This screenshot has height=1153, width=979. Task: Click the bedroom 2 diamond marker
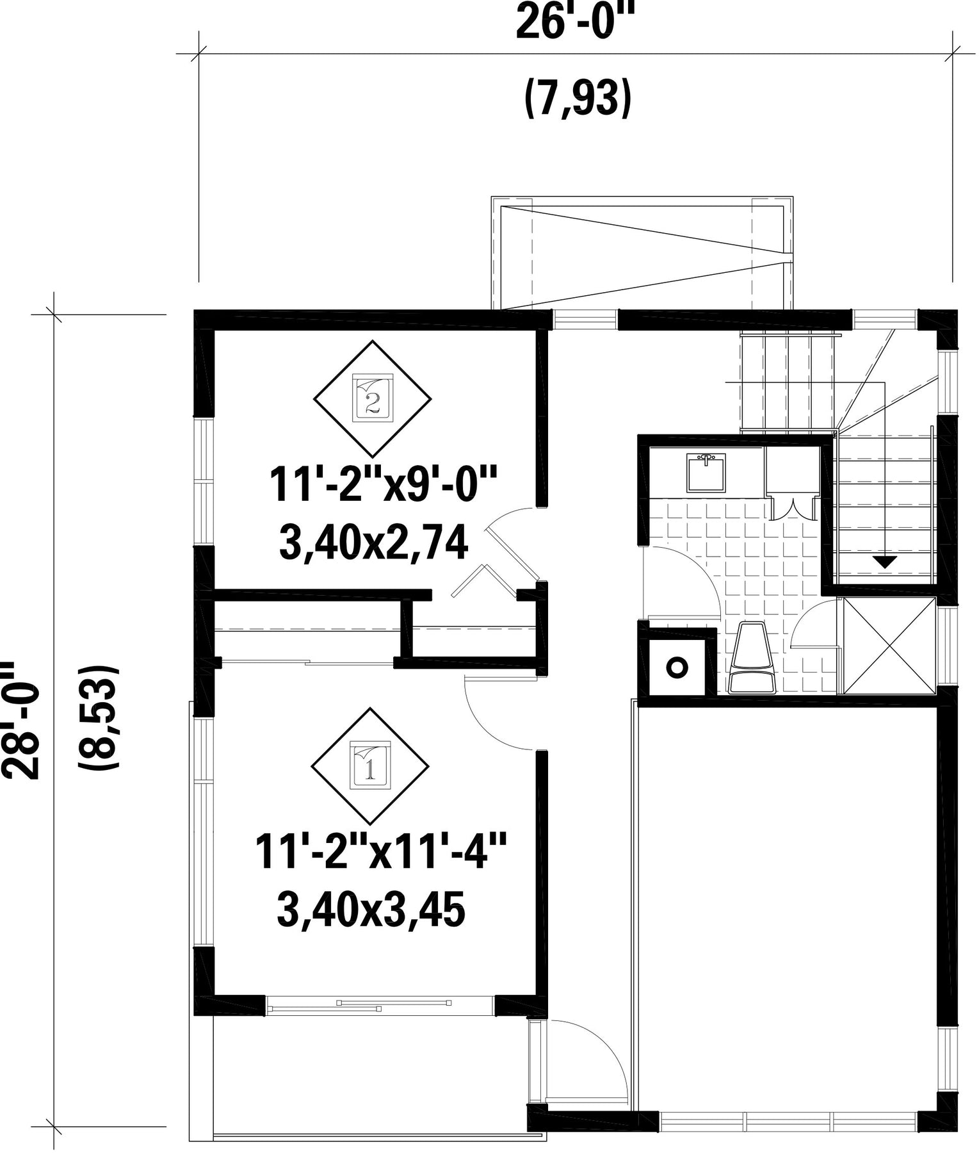point(372,398)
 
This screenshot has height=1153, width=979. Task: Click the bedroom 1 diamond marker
point(370,766)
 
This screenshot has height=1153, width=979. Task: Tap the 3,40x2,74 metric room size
point(373,544)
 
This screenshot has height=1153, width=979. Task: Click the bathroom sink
point(706,472)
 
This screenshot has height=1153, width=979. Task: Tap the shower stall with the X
point(889,645)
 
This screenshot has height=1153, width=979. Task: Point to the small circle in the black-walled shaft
point(677,667)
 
